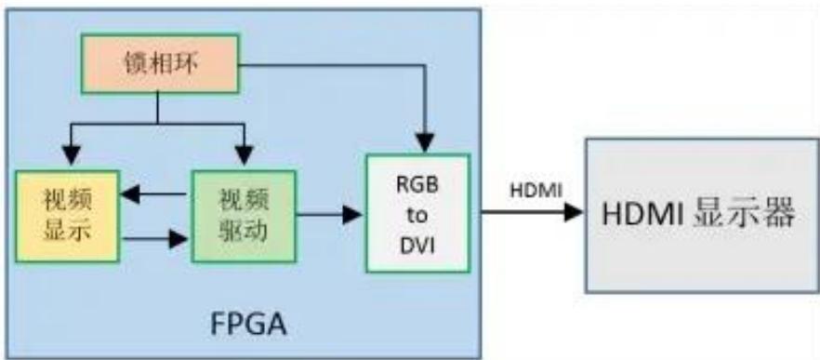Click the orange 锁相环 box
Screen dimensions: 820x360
point(160,63)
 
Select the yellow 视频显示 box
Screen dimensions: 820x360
point(68,216)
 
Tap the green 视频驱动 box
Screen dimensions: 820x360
point(244,216)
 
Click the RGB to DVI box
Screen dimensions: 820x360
point(417,213)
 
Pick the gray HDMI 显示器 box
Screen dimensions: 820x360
point(702,215)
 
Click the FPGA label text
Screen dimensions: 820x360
point(248,325)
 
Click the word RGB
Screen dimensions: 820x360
point(417,186)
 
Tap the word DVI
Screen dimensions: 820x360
point(417,247)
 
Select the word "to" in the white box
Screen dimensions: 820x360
point(417,216)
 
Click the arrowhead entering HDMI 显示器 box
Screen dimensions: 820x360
point(574,212)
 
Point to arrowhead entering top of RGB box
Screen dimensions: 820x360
point(425,143)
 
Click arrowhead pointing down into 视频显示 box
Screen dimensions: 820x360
point(71,154)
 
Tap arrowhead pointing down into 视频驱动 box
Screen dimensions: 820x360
point(244,154)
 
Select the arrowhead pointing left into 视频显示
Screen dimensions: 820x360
point(131,194)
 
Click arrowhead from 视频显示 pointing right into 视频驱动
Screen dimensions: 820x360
point(179,239)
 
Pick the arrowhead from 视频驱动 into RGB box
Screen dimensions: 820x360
point(352,215)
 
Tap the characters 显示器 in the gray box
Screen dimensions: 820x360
point(744,215)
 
